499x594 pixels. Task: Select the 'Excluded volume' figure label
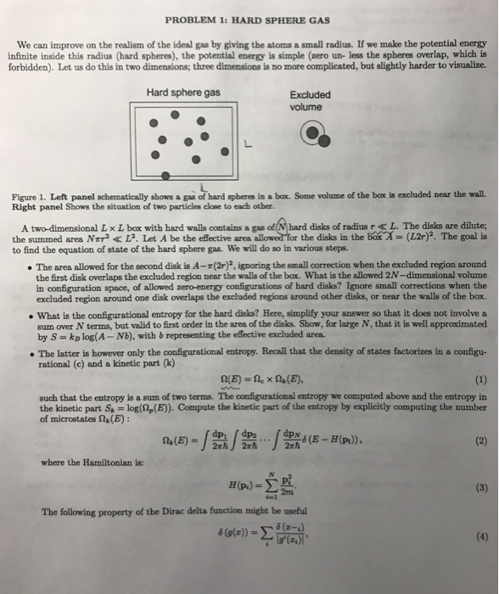tap(311, 101)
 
